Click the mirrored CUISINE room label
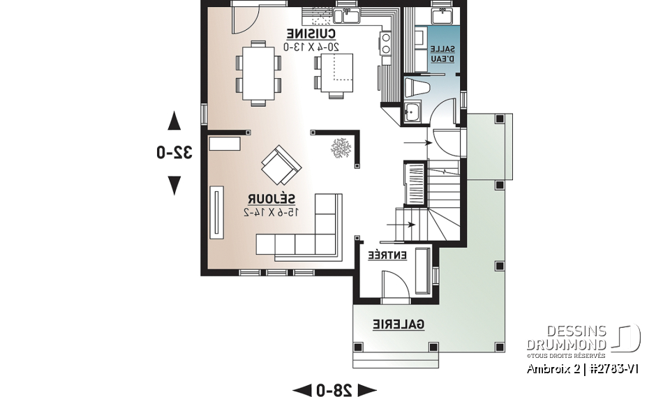(x=312, y=34)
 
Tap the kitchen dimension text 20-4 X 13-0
(x=312, y=47)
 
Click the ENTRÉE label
(x=387, y=255)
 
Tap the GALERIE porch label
(x=398, y=324)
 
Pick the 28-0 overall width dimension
(x=334, y=389)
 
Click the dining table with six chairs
(x=258, y=73)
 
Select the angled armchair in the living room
(x=281, y=163)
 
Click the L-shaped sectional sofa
(x=307, y=230)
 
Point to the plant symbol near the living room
(x=341, y=148)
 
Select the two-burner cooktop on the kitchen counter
(x=385, y=43)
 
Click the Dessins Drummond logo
(x=583, y=338)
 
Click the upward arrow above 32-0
(x=174, y=121)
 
